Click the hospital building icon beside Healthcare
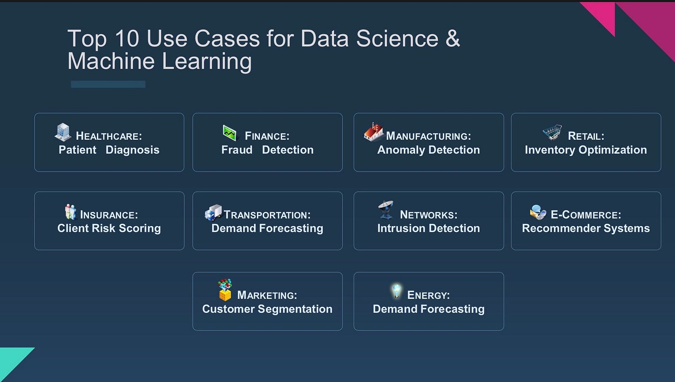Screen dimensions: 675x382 point(63,132)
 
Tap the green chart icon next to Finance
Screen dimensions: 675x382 point(229,133)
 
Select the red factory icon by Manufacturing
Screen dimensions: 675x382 point(374,132)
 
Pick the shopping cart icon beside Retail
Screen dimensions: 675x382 point(552,132)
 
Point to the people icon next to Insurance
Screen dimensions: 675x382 point(70,211)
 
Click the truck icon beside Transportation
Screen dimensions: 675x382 point(213,213)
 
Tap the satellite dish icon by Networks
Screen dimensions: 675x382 point(386,209)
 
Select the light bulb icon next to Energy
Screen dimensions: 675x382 point(397,291)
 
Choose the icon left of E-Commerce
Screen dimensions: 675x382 point(538,212)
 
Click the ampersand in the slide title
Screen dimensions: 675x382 point(453,38)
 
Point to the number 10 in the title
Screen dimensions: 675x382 point(127,38)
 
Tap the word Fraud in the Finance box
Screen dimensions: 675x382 point(237,150)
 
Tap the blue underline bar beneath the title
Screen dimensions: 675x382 point(108,84)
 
